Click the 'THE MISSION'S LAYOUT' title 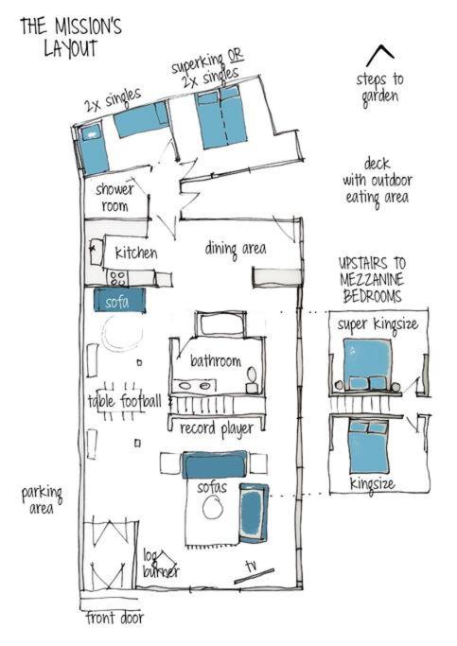click(x=71, y=38)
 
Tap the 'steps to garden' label click(x=380, y=89)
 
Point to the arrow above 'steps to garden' click(x=380, y=55)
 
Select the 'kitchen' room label click(x=135, y=253)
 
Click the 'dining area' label click(x=236, y=250)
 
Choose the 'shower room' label click(x=114, y=197)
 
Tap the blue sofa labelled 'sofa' click(x=119, y=300)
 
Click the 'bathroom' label click(x=216, y=360)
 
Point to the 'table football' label click(x=124, y=400)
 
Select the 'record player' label click(x=217, y=428)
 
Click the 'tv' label click(x=252, y=566)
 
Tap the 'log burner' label click(x=160, y=563)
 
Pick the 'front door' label click(x=114, y=618)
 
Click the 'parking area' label click(x=42, y=499)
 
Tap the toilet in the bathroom click(x=252, y=380)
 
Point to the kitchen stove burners click(x=118, y=278)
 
